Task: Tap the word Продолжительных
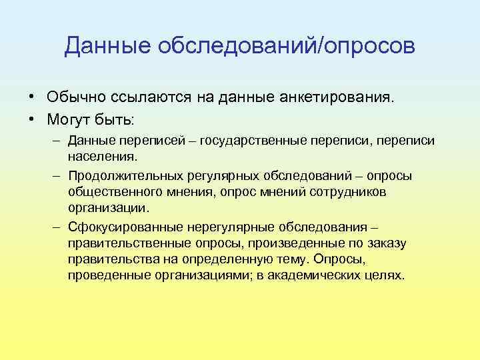pos(121,175)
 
